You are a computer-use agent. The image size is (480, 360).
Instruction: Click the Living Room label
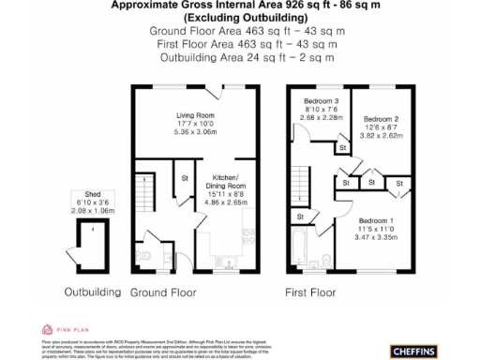click(197, 116)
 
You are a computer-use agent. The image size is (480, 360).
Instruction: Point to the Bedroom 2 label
click(382, 119)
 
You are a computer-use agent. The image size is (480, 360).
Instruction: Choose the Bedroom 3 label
click(321, 101)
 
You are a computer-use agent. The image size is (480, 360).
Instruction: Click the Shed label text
click(92, 195)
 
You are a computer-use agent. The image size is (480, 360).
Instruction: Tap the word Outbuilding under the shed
click(92, 292)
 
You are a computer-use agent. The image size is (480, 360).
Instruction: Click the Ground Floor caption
click(163, 292)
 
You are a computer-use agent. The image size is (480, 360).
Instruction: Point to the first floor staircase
click(306, 169)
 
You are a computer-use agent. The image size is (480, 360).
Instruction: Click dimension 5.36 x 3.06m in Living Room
click(197, 132)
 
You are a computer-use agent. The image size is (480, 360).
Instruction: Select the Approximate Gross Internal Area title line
click(240, 5)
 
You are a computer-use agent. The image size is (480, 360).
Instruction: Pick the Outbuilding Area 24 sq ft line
click(240, 57)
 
